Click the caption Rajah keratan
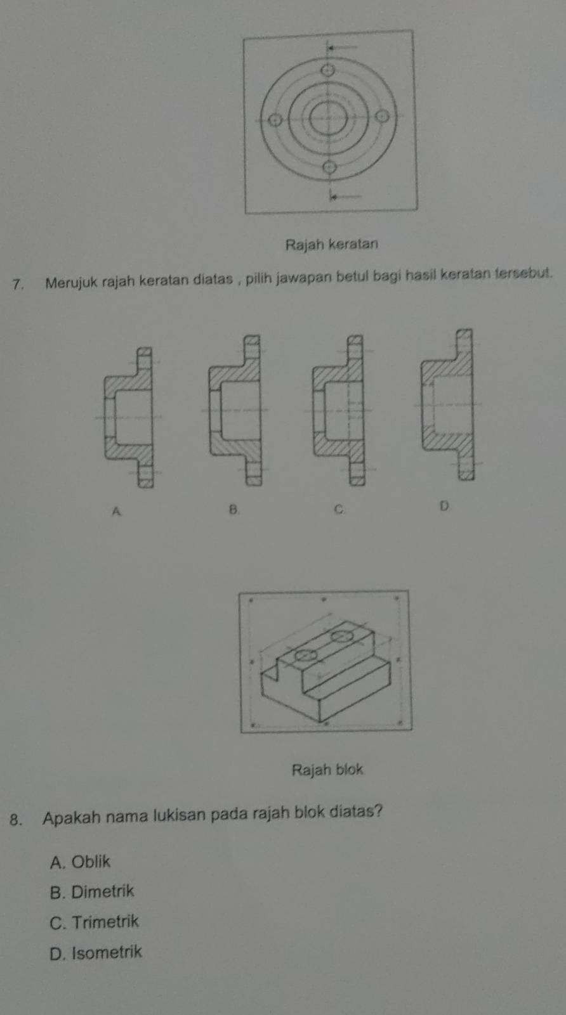tap(331, 245)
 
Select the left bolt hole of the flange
tap(274, 120)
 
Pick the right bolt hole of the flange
tap(383, 117)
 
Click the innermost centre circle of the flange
tap(328, 119)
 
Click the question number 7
tap(18, 285)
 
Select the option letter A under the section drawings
tap(117, 512)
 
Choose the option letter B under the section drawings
tap(234, 509)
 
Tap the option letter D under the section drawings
tap(444, 506)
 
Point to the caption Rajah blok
tap(327, 770)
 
